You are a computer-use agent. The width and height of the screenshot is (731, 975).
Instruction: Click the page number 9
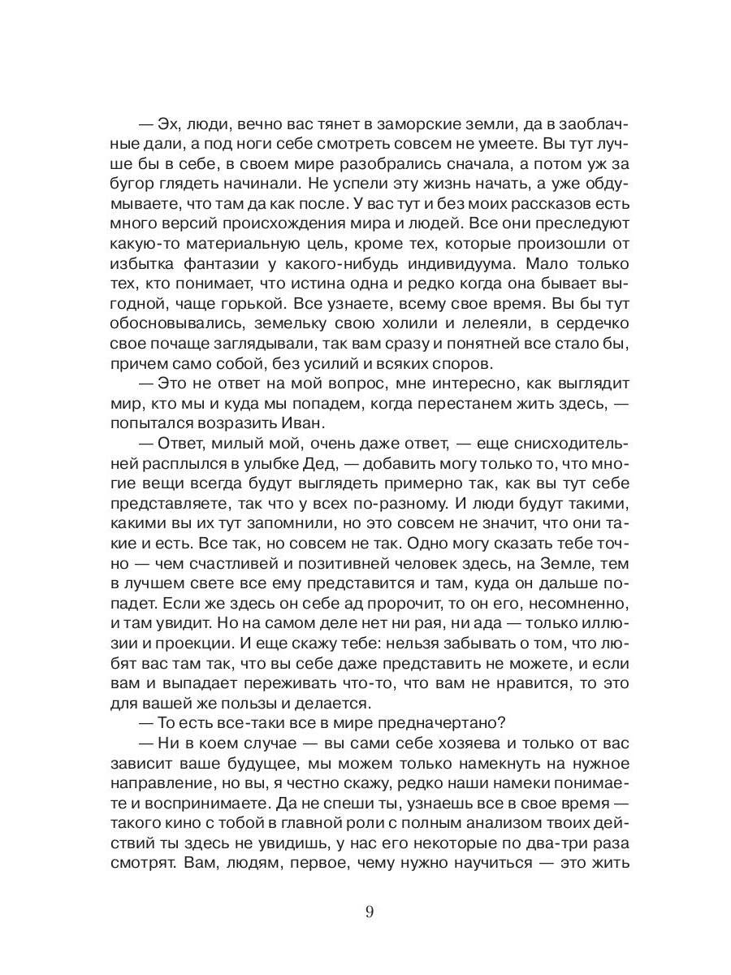pyautogui.click(x=370, y=912)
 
